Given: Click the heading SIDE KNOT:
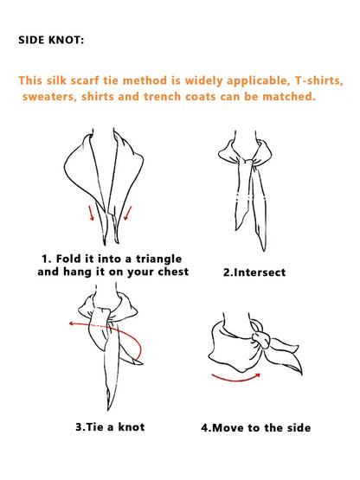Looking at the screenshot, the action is click(x=51, y=40).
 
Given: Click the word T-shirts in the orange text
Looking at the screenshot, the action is click(x=319, y=80).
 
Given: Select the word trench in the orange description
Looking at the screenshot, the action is click(x=163, y=96).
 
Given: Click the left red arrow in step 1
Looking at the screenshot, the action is click(x=91, y=213).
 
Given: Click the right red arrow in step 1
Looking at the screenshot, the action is click(x=128, y=213).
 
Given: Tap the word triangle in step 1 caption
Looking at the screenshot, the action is click(x=158, y=259).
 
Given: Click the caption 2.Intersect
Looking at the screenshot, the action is click(x=254, y=272).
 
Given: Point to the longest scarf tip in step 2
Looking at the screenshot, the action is click(x=263, y=249).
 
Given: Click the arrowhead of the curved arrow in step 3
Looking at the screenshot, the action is click(x=71, y=323).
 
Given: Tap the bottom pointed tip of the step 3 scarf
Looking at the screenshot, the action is click(x=108, y=409).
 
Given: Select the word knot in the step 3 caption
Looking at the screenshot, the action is click(x=132, y=426).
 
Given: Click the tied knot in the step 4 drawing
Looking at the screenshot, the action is click(x=261, y=339).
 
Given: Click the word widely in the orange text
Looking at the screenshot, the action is click(x=203, y=80).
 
